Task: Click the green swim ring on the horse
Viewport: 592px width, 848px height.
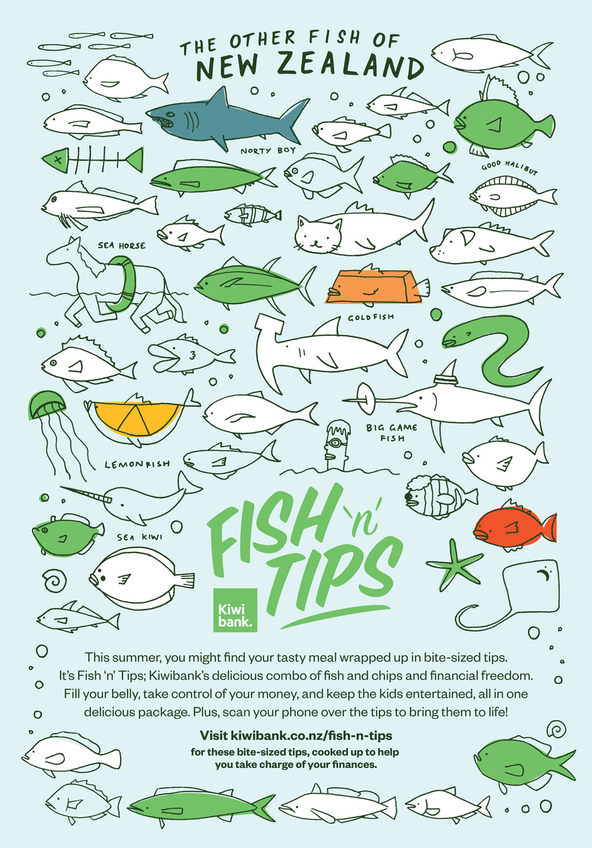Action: pos(123,284)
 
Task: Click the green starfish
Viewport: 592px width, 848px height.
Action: pos(455,564)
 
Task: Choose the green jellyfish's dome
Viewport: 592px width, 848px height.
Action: pos(47,404)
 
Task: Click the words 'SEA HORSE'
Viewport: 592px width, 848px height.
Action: pos(121,246)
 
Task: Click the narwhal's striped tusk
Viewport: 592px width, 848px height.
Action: pos(86,493)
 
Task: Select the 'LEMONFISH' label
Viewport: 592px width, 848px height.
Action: pos(137,464)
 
